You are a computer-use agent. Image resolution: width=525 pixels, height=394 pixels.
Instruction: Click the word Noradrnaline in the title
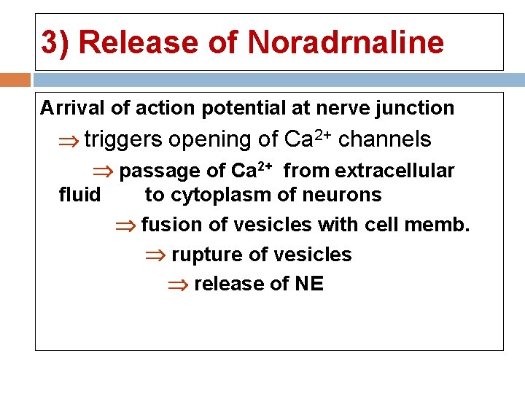point(346,42)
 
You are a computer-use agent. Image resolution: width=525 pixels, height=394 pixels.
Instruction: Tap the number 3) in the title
point(55,42)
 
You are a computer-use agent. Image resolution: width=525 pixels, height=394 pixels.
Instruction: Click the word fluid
point(79,195)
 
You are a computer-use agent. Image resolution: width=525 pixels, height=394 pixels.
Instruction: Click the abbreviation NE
point(309,284)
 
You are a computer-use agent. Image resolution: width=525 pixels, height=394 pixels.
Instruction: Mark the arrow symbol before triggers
point(71,140)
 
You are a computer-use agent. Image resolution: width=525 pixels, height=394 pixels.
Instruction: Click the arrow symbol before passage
point(106,171)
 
